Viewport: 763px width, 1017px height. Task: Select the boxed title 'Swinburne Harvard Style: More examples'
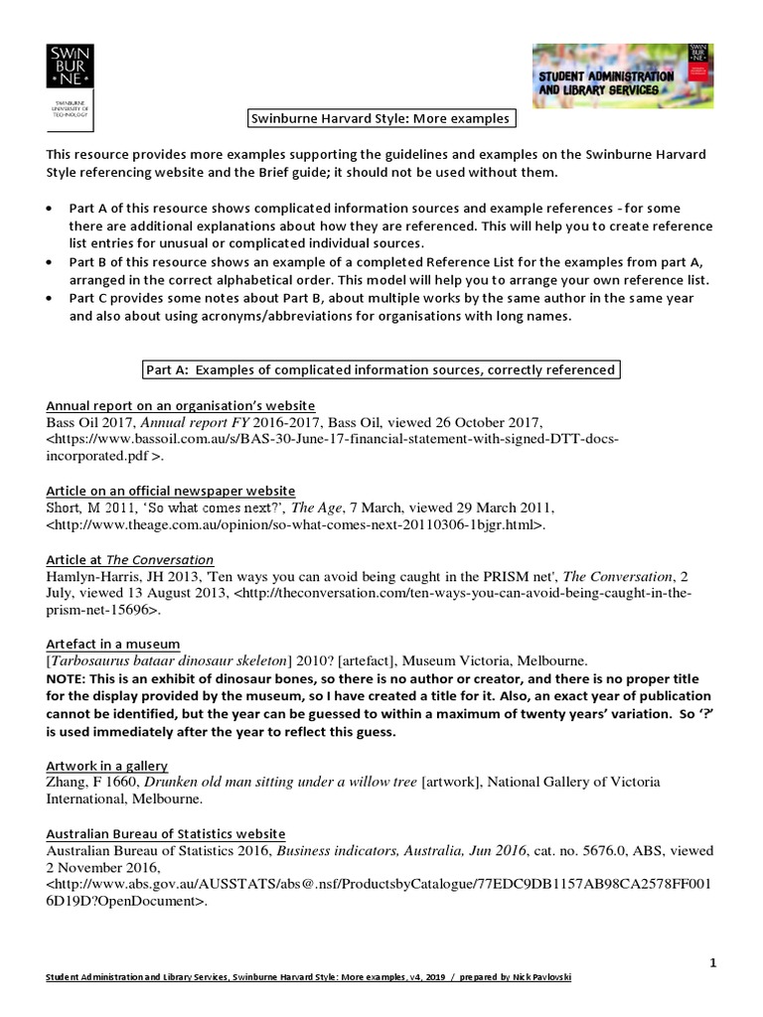tap(381, 119)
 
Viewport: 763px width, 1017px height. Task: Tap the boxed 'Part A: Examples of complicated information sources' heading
tap(381, 370)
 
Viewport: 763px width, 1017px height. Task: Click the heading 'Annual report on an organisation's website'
tap(181, 405)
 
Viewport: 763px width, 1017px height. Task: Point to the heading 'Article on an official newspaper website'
tap(171, 492)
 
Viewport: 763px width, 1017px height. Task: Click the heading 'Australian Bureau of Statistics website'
tap(166, 833)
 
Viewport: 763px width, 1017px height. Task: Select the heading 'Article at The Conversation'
tap(130, 560)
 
